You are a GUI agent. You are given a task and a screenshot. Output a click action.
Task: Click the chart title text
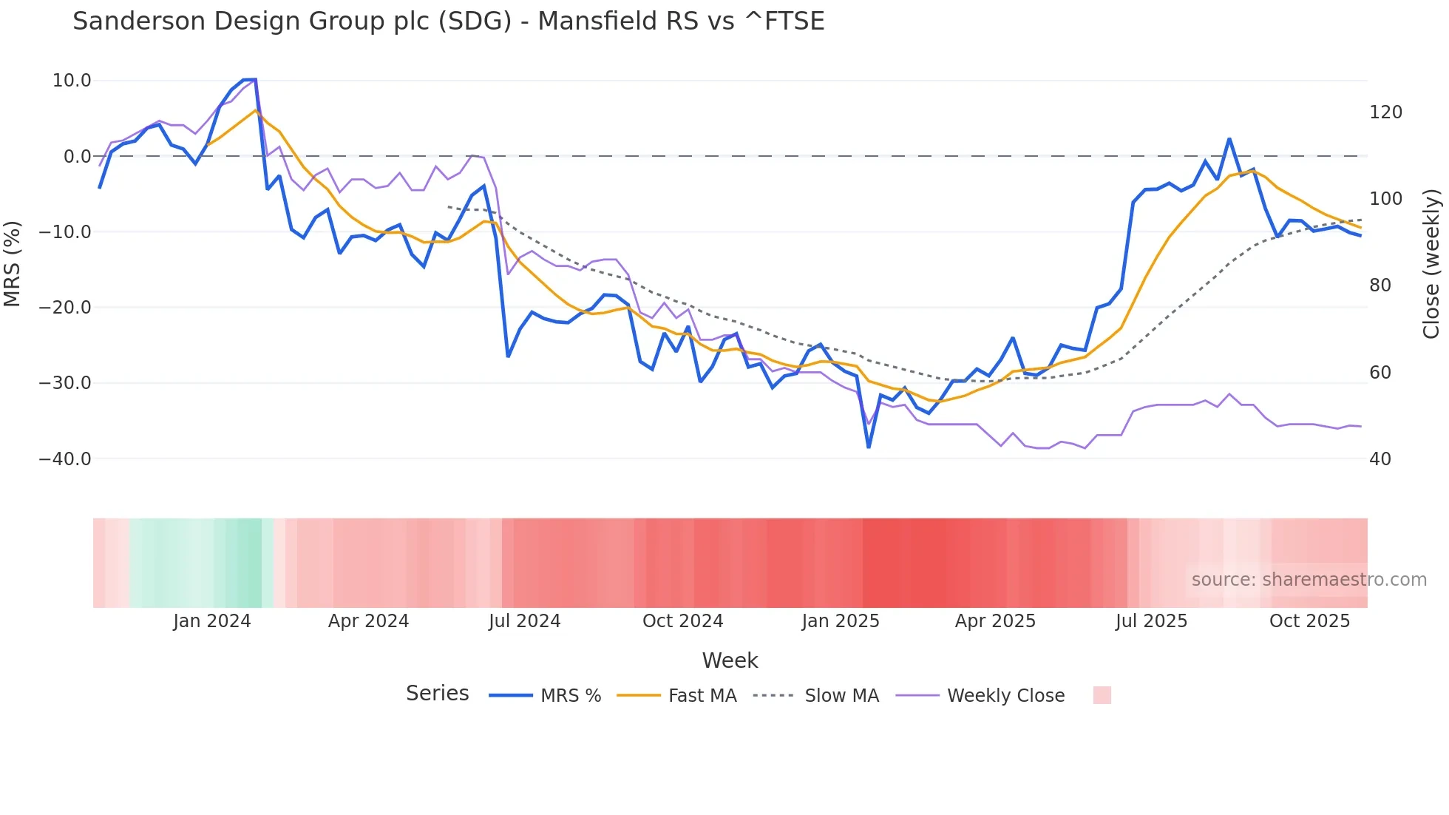click(448, 21)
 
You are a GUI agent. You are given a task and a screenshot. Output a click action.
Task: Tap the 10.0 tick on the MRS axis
click(72, 81)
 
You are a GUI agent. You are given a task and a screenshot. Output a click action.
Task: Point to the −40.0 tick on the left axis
click(65, 459)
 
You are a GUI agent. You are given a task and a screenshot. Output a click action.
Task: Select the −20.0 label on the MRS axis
click(65, 308)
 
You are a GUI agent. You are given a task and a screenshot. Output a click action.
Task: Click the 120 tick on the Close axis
click(1385, 112)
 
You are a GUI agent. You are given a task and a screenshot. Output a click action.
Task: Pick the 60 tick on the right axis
click(1380, 373)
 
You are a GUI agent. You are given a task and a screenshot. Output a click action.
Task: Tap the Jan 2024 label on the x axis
click(212, 621)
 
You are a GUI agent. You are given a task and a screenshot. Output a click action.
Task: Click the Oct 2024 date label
click(682, 621)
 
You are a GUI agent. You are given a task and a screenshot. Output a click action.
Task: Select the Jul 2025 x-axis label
click(1151, 621)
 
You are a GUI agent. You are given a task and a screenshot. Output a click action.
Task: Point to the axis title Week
click(730, 660)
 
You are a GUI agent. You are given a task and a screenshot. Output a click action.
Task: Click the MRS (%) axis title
click(13, 264)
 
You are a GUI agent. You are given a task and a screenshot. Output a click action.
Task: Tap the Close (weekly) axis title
click(1431, 264)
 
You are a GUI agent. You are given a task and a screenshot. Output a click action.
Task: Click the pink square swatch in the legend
click(1102, 695)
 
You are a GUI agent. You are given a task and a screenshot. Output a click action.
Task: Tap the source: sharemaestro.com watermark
click(1309, 580)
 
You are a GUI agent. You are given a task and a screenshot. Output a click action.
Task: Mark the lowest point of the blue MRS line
click(869, 447)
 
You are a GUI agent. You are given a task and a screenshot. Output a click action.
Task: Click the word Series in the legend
click(437, 694)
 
